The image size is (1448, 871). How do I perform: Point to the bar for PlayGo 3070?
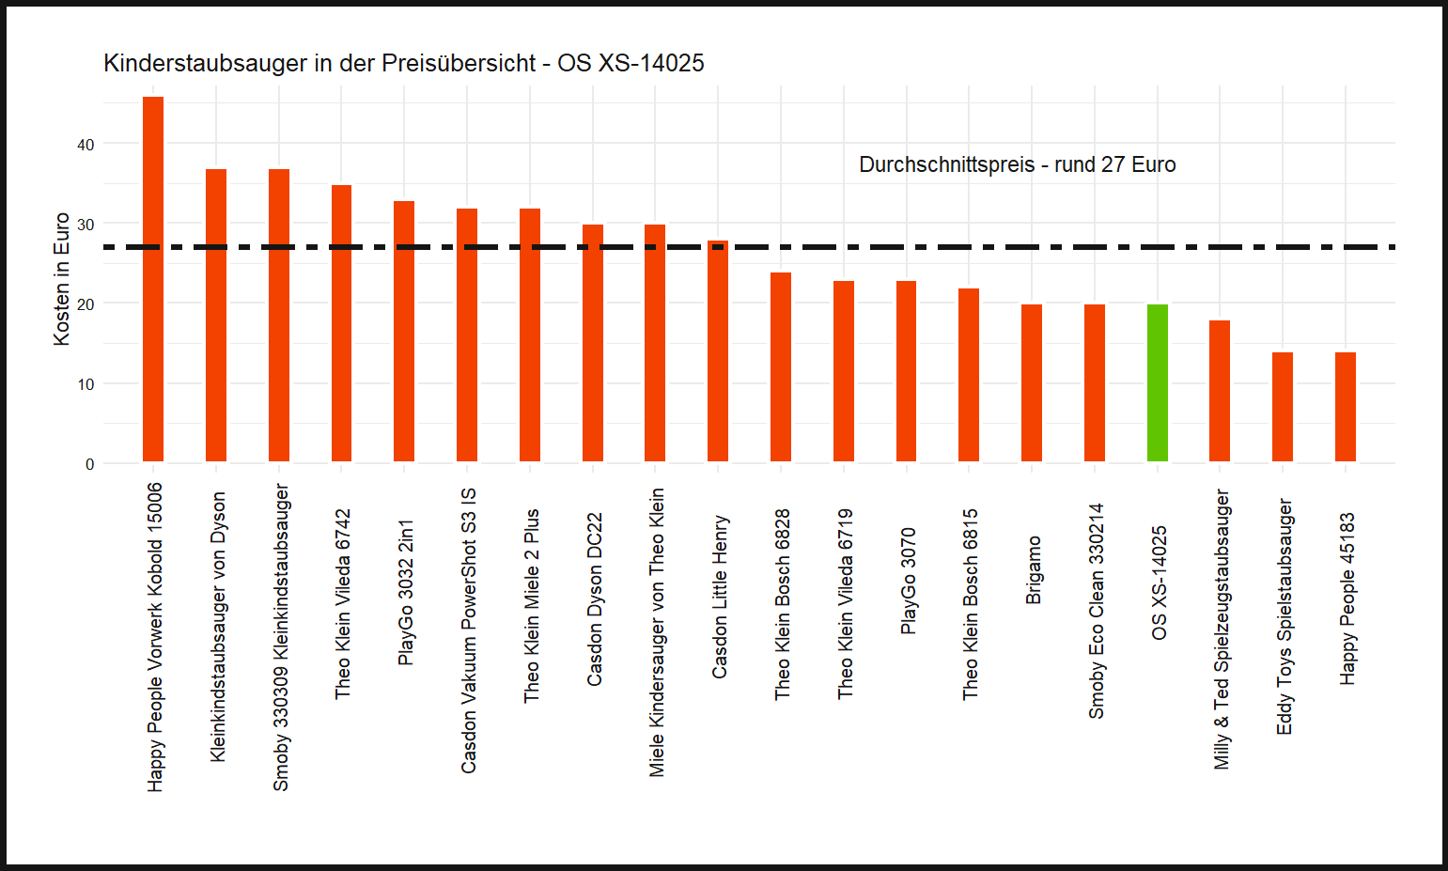point(906,371)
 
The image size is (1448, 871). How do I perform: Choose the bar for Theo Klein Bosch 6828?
point(781,367)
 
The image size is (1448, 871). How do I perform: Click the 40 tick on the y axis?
point(86,145)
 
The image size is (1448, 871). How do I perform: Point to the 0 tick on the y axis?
point(89,464)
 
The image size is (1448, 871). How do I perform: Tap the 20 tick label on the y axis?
point(86,304)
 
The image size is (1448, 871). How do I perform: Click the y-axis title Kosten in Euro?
point(62,279)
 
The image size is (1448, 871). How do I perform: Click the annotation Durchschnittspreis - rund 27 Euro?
point(1017,165)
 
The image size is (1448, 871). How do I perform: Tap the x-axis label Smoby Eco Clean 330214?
point(1096,612)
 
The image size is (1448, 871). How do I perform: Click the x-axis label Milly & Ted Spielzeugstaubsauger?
point(1221,630)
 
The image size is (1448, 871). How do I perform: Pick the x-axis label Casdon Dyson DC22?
point(594,599)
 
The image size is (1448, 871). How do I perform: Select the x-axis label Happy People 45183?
point(1347,599)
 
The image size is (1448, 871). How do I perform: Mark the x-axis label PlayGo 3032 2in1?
point(405,593)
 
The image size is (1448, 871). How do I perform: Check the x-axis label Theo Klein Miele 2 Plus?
point(531,606)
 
